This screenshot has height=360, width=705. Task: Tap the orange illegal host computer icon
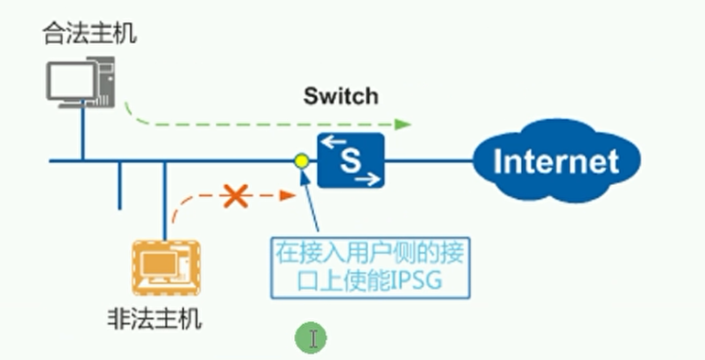pyautogui.click(x=166, y=267)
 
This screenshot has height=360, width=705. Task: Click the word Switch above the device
pyautogui.click(x=341, y=95)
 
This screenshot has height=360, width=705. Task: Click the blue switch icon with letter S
pyautogui.click(x=351, y=160)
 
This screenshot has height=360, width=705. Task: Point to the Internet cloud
pyautogui.click(x=556, y=162)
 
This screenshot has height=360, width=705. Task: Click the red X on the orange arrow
pyautogui.click(x=236, y=195)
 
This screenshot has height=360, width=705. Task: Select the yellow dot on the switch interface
pyautogui.click(x=301, y=162)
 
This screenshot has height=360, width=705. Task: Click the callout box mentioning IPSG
pyautogui.click(x=371, y=265)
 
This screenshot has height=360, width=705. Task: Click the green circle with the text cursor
pyautogui.click(x=310, y=339)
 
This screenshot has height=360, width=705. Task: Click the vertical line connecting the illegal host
pyautogui.click(x=166, y=197)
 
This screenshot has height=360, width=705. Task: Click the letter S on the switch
pyautogui.click(x=351, y=161)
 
